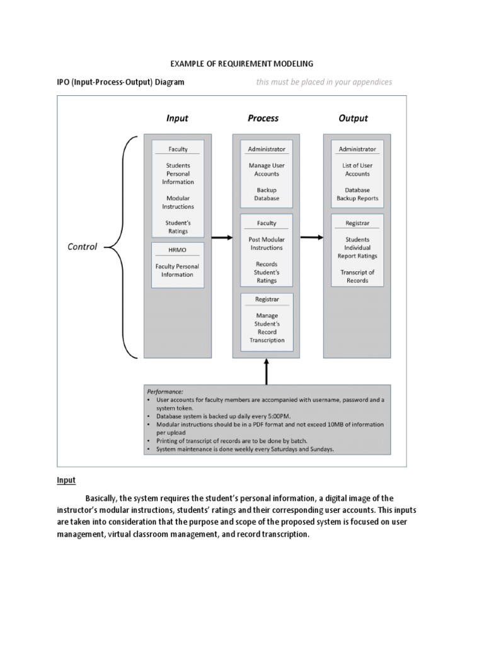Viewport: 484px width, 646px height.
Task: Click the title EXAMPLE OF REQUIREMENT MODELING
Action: point(242,64)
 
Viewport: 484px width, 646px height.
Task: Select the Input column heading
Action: point(177,118)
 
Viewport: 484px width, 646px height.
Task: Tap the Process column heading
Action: point(263,118)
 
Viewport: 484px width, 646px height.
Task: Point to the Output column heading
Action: point(353,118)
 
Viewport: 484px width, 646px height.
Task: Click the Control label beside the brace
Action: point(82,247)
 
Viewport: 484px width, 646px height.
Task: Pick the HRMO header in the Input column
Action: point(177,250)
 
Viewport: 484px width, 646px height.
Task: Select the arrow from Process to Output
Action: point(311,238)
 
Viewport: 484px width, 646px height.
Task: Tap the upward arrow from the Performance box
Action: point(266,372)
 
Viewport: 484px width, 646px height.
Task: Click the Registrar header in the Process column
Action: point(267,299)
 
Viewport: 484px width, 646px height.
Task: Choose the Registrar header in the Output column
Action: point(357,223)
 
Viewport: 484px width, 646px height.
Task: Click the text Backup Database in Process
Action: point(267,194)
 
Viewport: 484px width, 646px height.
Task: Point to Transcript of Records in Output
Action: point(357,276)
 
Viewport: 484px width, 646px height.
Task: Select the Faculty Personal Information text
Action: point(177,271)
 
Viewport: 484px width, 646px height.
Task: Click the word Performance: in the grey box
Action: point(164,392)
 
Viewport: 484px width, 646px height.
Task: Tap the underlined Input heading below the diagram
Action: point(66,480)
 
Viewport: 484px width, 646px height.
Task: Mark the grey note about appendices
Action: point(324,82)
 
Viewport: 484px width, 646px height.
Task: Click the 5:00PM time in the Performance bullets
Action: point(279,416)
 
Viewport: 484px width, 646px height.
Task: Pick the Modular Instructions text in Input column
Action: point(178,203)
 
